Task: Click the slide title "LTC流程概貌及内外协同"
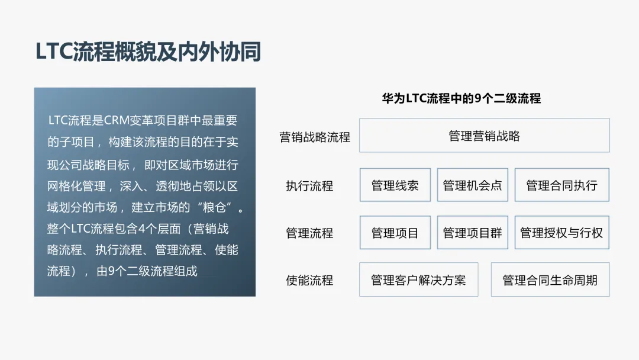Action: point(148,52)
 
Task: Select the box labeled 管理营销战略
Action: point(484,136)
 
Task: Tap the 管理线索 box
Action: point(395,185)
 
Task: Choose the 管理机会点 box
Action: point(472,185)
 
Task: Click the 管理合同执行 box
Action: point(561,185)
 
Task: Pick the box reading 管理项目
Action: point(395,233)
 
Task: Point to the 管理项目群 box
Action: point(472,233)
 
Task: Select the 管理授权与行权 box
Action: point(561,233)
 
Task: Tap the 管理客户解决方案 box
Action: point(418,280)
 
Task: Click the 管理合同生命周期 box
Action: point(550,280)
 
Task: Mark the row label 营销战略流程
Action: point(315,137)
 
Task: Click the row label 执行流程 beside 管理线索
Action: point(309,186)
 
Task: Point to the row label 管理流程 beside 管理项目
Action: point(309,233)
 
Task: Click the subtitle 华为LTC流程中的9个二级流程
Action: point(461,98)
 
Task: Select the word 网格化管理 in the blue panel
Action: point(76,186)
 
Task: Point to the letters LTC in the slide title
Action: point(54,52)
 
